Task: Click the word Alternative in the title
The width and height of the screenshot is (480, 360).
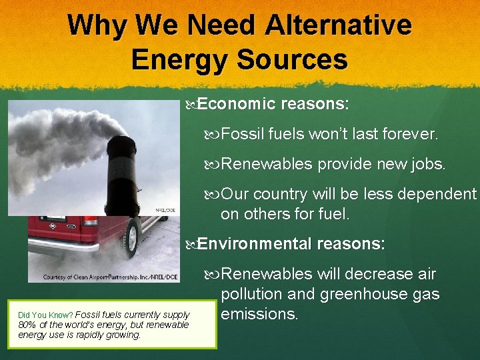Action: (338, 25)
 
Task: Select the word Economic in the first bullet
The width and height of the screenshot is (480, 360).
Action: (237, 104)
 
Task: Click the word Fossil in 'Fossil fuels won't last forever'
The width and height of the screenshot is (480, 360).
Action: (243, 135)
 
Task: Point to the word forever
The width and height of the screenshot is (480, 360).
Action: (413, 135)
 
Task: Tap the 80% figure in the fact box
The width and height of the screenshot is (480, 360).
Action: (28, 325)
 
